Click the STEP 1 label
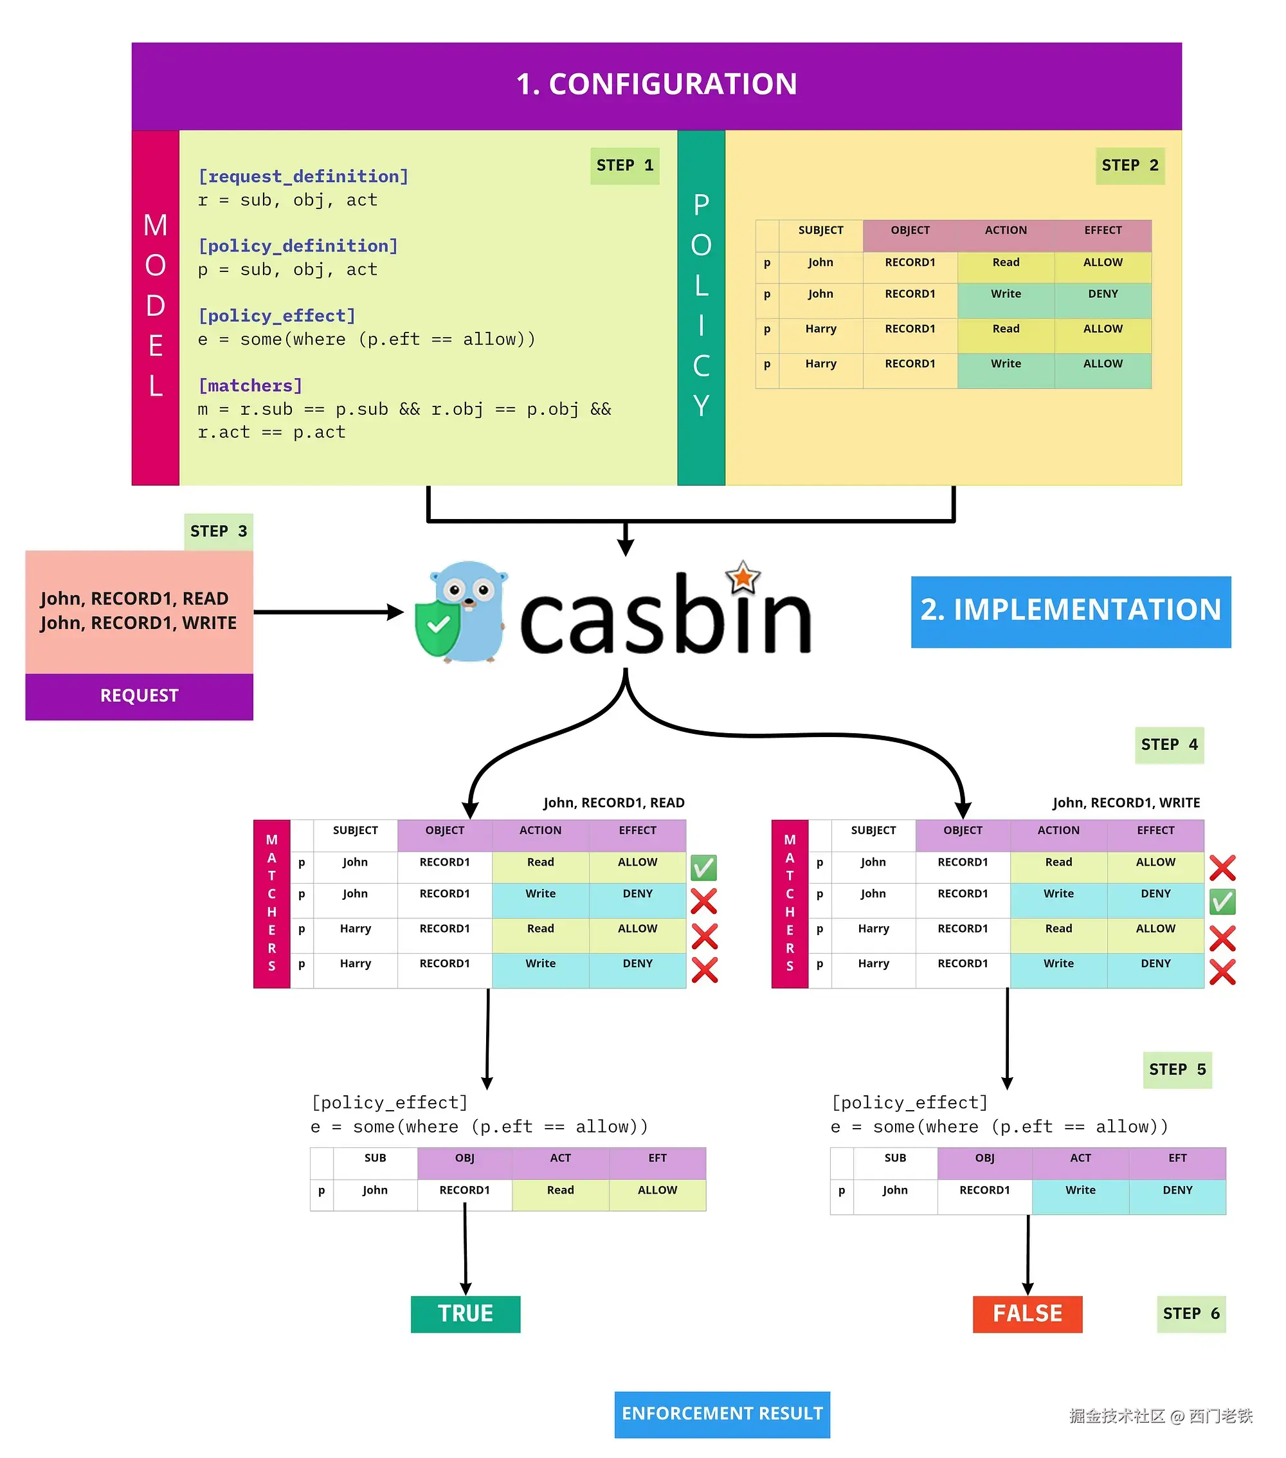pyautogui.click(x=624, y=165)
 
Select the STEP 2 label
pyautogui.click(x=1129, y=165)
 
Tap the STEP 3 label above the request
pyautogui.click(x=218, y=531)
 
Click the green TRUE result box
pyautogui.click(x=465, y=1313)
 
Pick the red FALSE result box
pyautogui.click(x=1026, y=1313)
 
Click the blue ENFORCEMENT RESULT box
pyautogui.click(x=722, y=1413)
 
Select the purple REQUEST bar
pyautogui.click(x=139, y=695)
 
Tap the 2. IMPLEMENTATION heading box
pyautogui.click(x=1070, y=610)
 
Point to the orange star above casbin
pyautogui.click(x=743, y=577)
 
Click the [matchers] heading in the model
pyautogui.click(x=250, y=386)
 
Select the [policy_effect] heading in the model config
pyautogui.click(x=276, y=316)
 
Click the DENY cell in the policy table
pyautogui.click(x=1102, y=295)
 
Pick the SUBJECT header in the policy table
pyautogui.click(x=820, y=230)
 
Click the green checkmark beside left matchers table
pyautogui.click(x=703, y=868)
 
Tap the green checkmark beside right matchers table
pyautogui.click(x=1222, y=902)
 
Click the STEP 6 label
pyautogui.click(x=1190, y=1313)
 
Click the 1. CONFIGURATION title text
pyautogui.click(x=657, y=84)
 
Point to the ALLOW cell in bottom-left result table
pyautogui.click(x=657, y=1190)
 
